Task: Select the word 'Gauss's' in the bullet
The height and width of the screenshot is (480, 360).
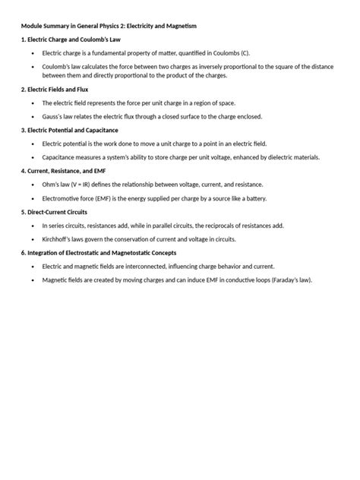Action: [x=53, y=117]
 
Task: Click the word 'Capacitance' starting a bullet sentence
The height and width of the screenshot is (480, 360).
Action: [x=59, y=157]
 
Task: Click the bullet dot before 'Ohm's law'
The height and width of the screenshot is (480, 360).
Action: [x=32, y=185]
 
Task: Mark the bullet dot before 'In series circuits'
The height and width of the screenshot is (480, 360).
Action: [x=32, y=226]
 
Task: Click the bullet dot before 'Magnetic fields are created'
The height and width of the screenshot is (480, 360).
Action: [x=32, y=279]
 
